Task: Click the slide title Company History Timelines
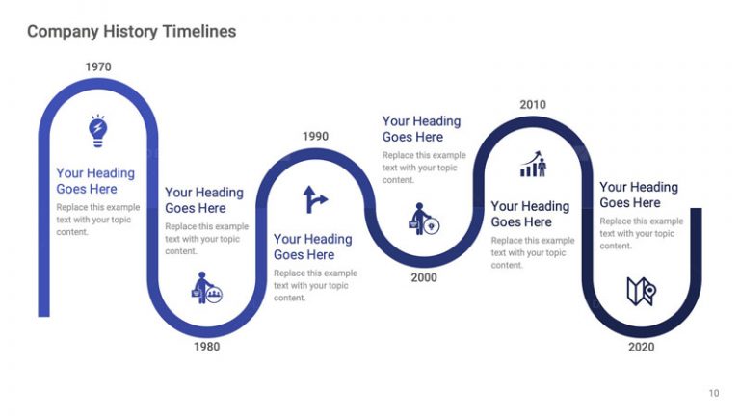tap(131, 32)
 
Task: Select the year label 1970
tap(98, 67)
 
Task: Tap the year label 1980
tap(206, 347)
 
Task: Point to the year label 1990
tap(315, 137)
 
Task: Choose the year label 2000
tap(424, 278)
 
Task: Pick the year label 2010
tap(533, 105)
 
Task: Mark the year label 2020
tap(642, 347)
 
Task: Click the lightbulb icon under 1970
tap(97, 131)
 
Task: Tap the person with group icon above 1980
tap(206, 288)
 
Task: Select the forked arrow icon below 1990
tap(315, 199)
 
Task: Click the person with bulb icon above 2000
tap(425, 219)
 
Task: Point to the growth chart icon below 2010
tap(533, 164)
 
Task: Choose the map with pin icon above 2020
tap(641, 291)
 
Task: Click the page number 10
tap(713, 393)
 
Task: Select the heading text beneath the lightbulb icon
tap(95, 181)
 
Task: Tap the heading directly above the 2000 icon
tap(421, 129)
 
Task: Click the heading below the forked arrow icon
tap(312, 247)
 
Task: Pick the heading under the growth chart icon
tap(530, 214)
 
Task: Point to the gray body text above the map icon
tap(639, 233)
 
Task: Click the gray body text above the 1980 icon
tap(206, 239)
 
